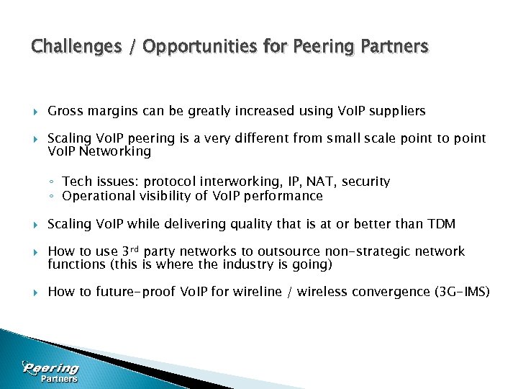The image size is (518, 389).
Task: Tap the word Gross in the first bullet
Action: tap(65, 111)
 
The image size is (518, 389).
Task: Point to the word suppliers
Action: tap(399, 111)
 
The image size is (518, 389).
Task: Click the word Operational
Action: tap(100, 196)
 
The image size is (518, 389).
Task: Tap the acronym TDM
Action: tap(441, 224)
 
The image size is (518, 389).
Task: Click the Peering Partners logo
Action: tap(50, 372)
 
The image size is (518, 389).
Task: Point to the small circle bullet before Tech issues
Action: tap(53, 182)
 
